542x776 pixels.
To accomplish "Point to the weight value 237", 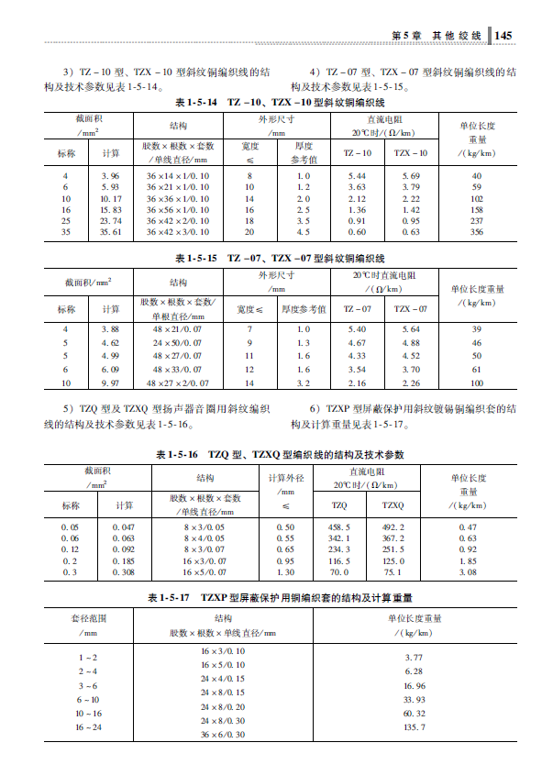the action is (476, 221).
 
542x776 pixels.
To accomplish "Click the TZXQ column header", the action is (393, 505).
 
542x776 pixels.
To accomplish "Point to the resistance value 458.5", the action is (339, 527).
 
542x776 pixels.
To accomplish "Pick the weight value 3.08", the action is (468, 571).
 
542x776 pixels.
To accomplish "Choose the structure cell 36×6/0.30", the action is (223, 735).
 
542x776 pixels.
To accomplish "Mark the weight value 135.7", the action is (415, 727).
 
